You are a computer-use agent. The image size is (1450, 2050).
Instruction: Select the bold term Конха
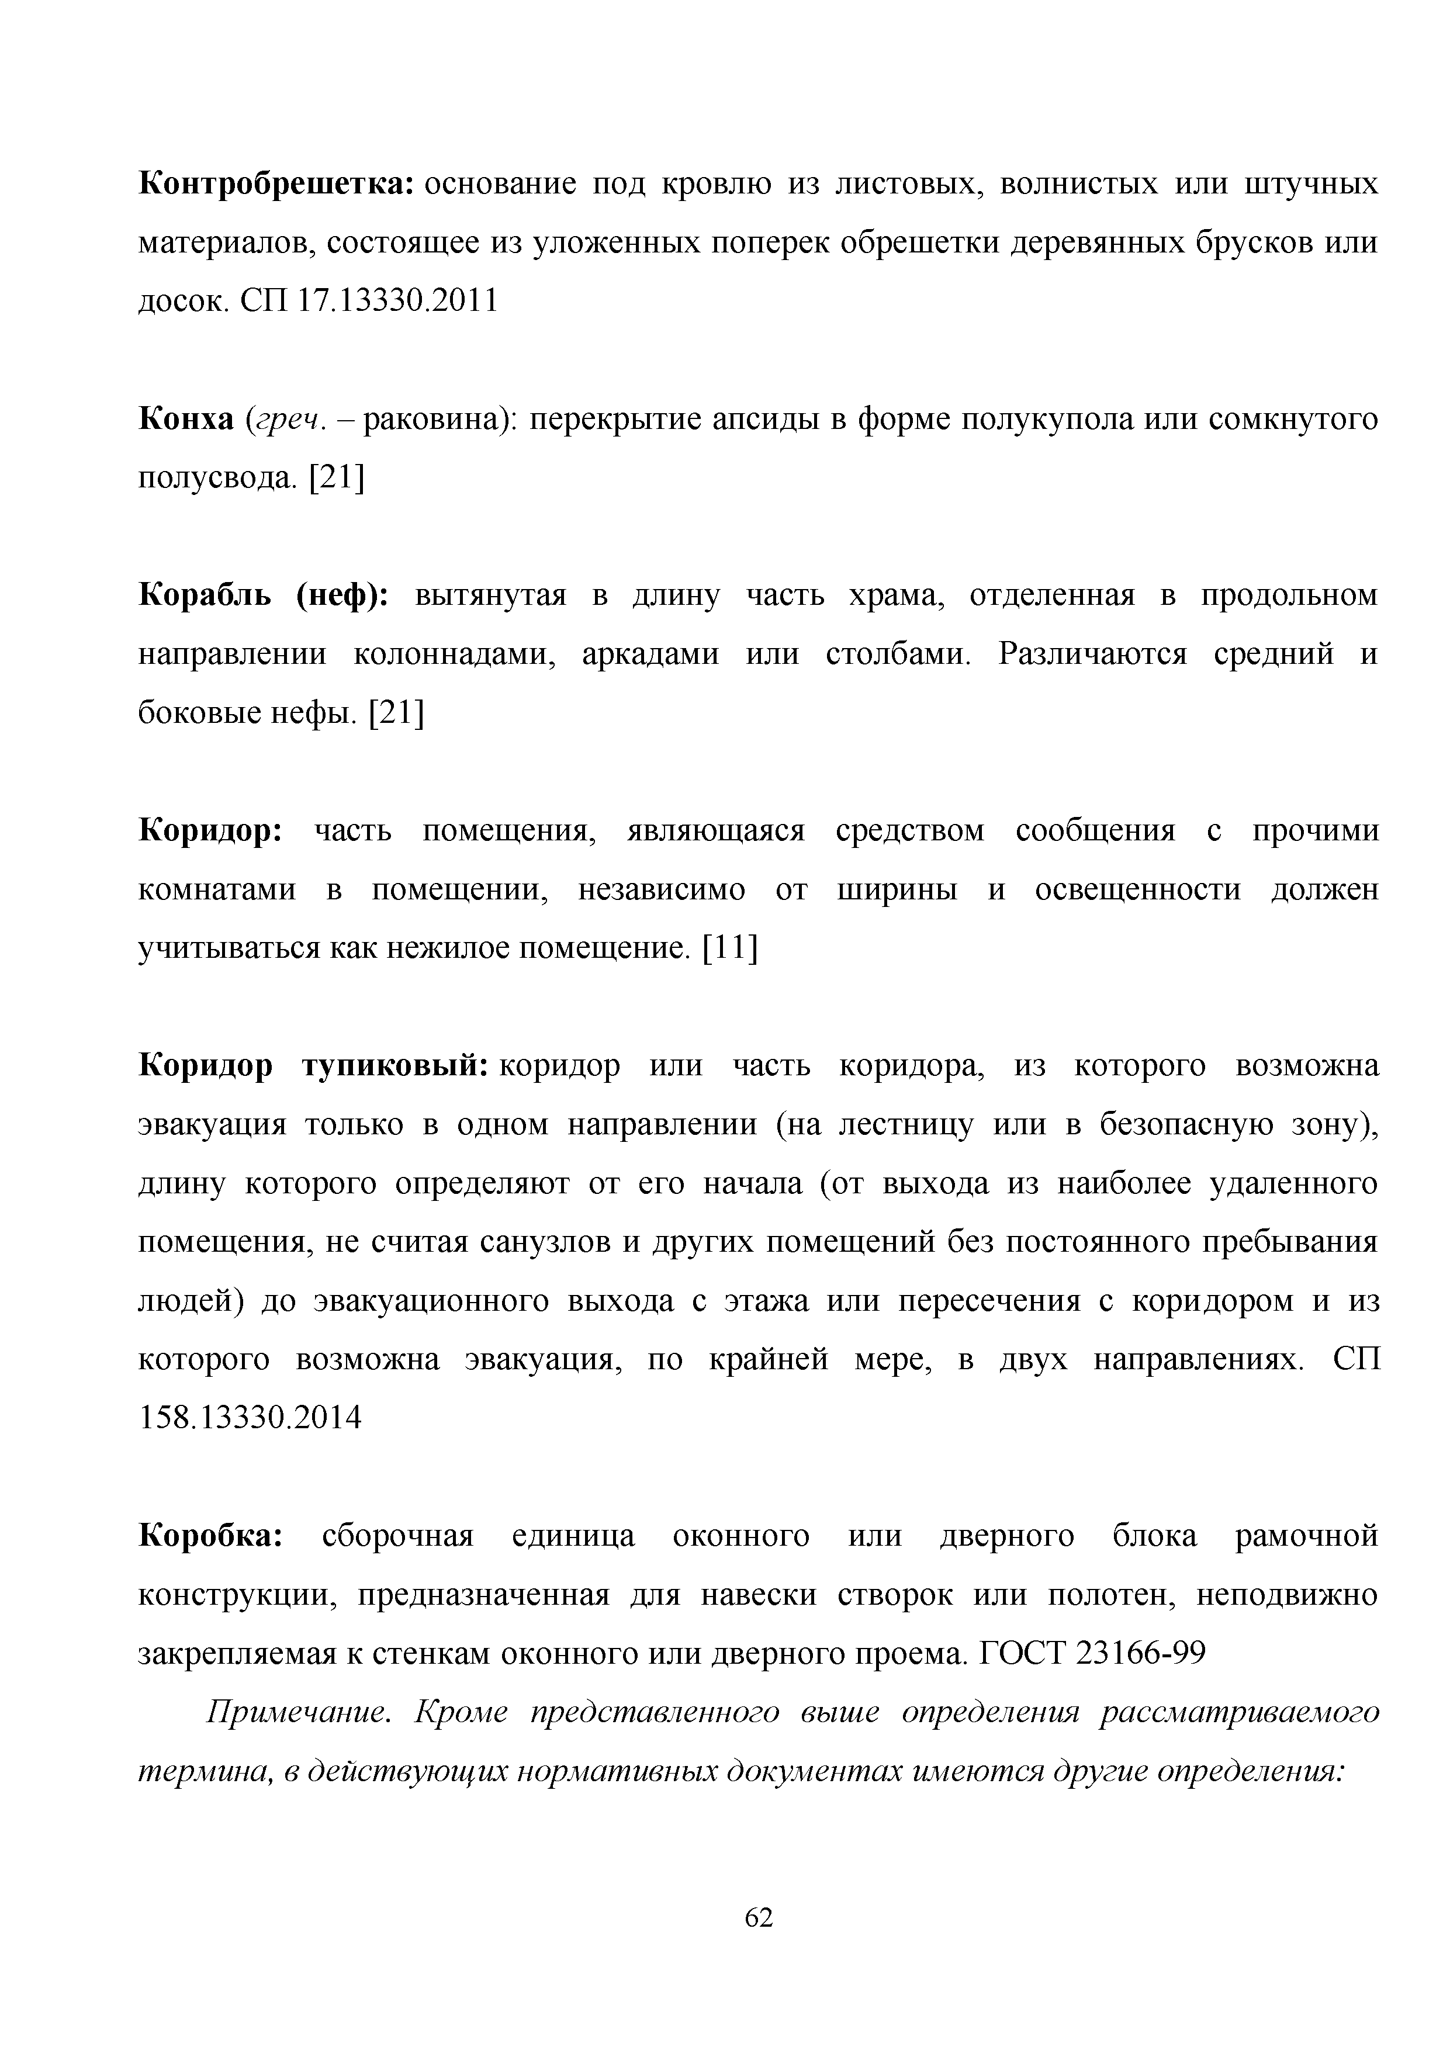tap(186, 420)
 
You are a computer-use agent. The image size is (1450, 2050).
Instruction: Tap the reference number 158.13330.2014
tap(250, 1418)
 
